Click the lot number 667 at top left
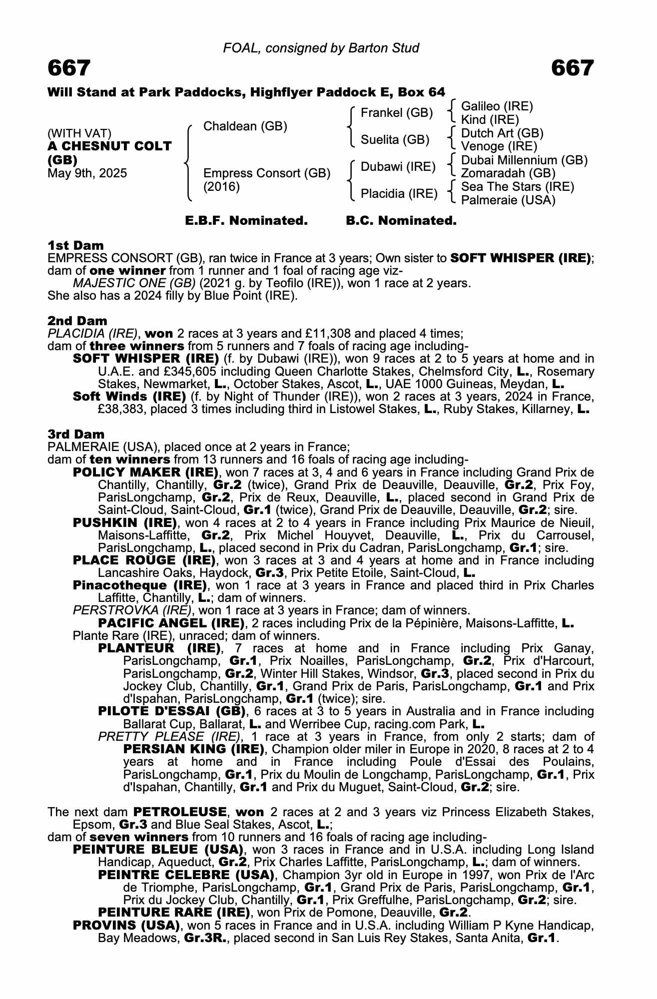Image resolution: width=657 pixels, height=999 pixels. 69,68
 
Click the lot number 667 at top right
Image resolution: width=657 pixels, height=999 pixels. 572,68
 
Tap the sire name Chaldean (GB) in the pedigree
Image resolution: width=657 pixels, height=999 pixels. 245,126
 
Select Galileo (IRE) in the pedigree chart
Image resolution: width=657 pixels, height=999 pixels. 497,106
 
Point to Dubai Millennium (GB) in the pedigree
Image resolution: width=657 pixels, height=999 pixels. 524,160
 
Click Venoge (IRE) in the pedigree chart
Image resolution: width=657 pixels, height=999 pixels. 499,146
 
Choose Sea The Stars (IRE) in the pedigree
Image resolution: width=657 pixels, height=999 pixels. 517,187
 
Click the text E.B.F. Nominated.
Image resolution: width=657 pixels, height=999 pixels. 246,221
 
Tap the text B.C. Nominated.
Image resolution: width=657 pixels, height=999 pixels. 401,221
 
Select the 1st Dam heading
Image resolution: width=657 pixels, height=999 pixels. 75,245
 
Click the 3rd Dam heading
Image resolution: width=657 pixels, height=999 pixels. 76,434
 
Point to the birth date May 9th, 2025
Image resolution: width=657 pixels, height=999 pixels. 87,173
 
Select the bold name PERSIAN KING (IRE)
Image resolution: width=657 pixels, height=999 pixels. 193,749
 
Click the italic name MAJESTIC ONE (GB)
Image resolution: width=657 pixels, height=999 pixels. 134,283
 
